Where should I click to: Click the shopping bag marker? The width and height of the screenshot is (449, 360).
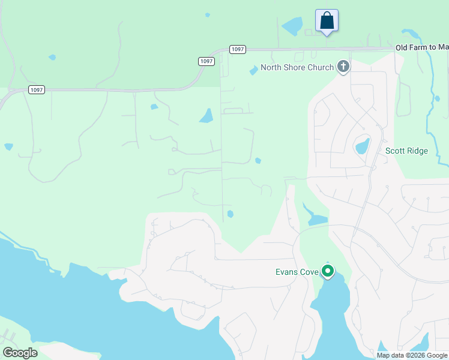(327, 20)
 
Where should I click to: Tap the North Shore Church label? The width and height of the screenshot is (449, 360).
(297, 67)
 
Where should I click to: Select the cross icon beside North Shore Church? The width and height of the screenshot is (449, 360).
(343, 66)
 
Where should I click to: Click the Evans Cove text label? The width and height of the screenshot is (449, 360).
(297, 272)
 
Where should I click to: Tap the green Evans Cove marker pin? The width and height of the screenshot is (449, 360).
(328, 271)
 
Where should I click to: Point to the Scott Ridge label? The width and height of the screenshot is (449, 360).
(406, 151)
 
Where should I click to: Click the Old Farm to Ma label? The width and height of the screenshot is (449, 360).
(422, 47)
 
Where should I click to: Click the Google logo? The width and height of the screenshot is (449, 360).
(20, 353)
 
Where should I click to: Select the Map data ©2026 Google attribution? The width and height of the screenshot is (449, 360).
(412, 355)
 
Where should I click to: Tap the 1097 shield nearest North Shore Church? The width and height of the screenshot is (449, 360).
(237, 49)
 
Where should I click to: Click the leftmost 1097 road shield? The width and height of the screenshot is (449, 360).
(36, 89)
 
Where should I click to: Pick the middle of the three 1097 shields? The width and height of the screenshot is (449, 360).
(206, 61)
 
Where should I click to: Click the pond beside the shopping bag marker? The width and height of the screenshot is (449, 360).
(292, 26)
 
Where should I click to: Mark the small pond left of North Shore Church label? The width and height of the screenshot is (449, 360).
(253, 70)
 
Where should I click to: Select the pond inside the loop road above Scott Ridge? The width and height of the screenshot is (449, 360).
(362, 146)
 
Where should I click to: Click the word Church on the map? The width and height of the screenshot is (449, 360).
(320, 67)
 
